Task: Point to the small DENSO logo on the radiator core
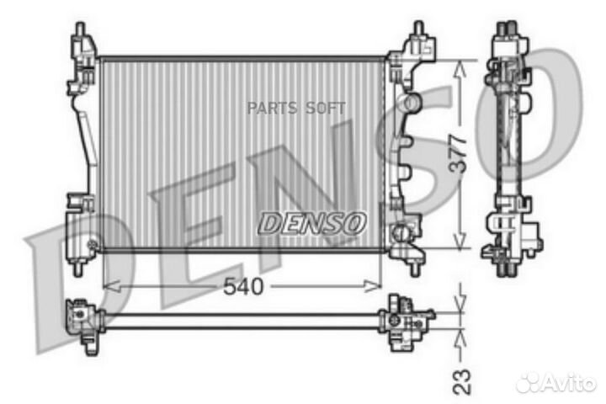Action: tap(312, 223)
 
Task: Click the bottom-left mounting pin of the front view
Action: tap(78, 268)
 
